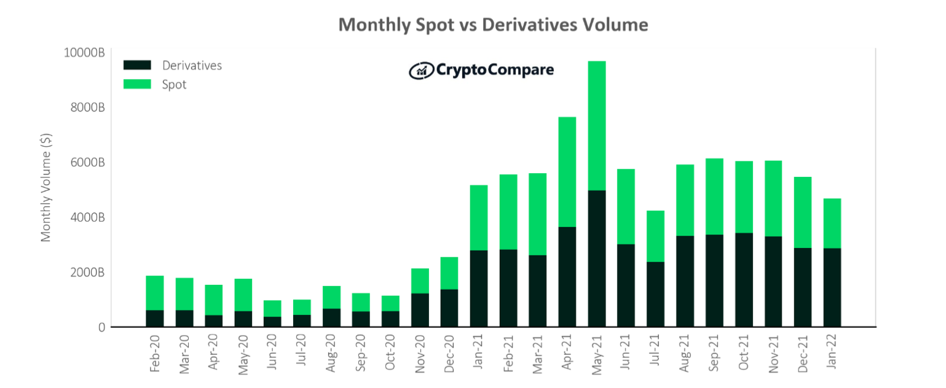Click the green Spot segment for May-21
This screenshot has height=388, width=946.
click(x=597, y=126)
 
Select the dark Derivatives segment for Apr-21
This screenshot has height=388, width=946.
click(x=567, y=277)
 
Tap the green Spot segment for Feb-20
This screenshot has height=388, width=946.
click(x=155, y=293)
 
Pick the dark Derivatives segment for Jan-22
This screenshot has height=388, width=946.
click(x=832, y=287)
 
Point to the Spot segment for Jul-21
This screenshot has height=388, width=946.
click(x=655, y=236)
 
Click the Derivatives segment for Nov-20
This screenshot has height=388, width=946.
click(x=420, y=310)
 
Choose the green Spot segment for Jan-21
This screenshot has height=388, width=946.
click(x=479, y=218)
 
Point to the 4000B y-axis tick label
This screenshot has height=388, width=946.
click(x=87, y=217)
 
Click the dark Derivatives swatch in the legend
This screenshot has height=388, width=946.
click(x=137, y=65)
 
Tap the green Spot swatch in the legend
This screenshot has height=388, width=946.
click(x=137, y=84)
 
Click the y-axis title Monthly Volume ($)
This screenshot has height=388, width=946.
click(x=46, y=187)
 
